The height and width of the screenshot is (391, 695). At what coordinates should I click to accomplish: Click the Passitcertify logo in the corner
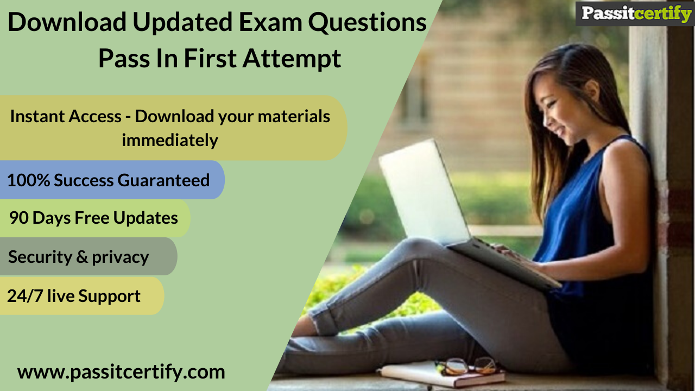634,14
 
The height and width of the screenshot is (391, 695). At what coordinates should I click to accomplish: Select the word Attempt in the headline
292,58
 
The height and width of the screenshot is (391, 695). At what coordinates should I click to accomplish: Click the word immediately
169,140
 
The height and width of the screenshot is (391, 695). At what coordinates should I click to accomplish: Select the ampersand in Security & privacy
82,257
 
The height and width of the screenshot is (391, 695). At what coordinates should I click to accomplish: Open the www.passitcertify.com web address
121,372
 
